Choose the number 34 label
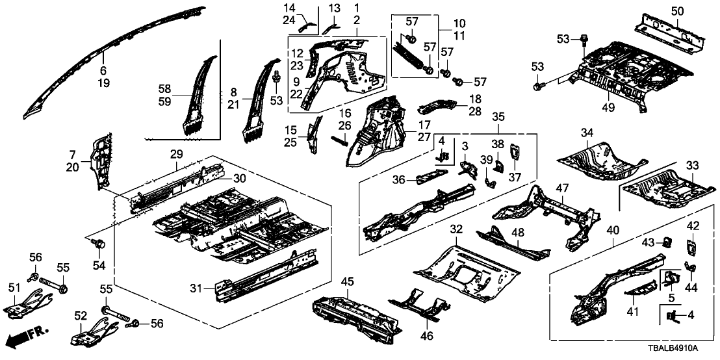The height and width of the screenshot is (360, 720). pyautogui.click(x=587, y=134)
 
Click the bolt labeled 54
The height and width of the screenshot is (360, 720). pyautogui.click(x=99, y=244)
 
